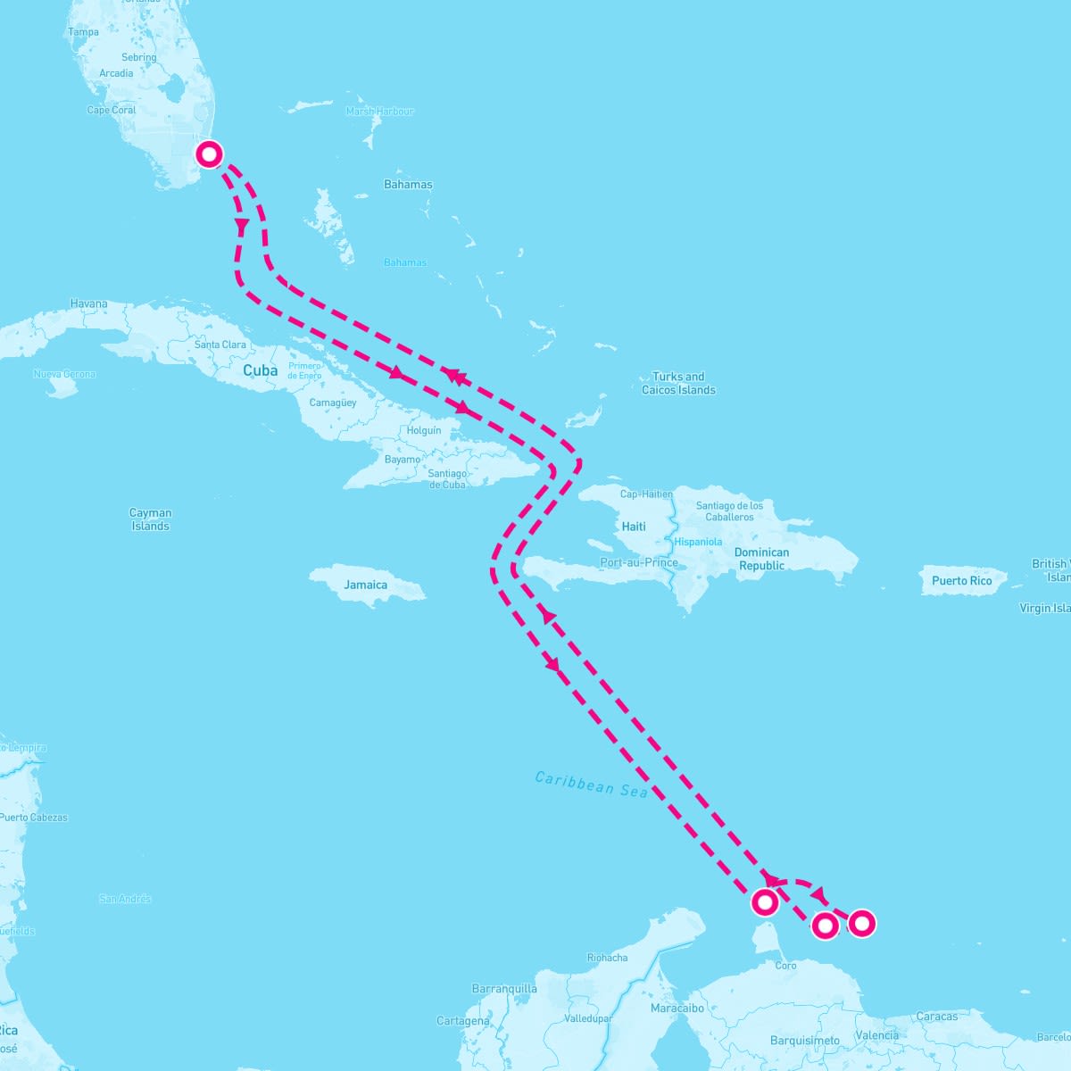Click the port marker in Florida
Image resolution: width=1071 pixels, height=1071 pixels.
click(x=209, y=154)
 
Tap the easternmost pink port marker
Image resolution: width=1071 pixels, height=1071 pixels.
click(x=861, y=923)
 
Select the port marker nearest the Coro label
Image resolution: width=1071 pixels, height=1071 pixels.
click(x=765, y=902)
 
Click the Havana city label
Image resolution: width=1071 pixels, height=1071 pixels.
click(x=88, y=303)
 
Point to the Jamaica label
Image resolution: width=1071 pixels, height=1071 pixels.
click(x=366, y=585)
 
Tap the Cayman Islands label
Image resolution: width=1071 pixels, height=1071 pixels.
click(x=150, y=519)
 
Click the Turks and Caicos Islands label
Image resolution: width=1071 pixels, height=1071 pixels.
click(x=678, y=383)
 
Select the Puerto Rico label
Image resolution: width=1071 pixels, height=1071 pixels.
click(x=961, y=580)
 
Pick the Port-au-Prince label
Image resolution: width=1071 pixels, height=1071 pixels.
click(x=639, y=562)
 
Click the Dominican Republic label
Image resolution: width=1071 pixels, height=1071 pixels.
click(x=761, y=559)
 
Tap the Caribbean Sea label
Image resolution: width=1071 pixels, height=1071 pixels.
click(x=592, y=784)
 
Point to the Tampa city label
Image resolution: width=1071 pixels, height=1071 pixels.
click(x=83, y=32)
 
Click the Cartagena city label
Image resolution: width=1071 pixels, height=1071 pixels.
click(x=463, y=1020)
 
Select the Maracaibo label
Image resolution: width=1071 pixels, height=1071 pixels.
click(x=677, y=1008)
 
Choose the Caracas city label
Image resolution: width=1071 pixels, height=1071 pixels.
click(x=936, y=1016)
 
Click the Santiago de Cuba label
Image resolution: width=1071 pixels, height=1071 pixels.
click(x=446, y=478)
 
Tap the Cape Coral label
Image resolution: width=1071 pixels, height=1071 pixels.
click(x=112, y=110)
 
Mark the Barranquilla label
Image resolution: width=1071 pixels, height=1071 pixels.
click(x=504, y=988)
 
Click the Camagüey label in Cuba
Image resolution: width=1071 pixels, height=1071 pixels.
click(x=333, y=403)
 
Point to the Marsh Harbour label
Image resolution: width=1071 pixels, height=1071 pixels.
click(x=380, y=112)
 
